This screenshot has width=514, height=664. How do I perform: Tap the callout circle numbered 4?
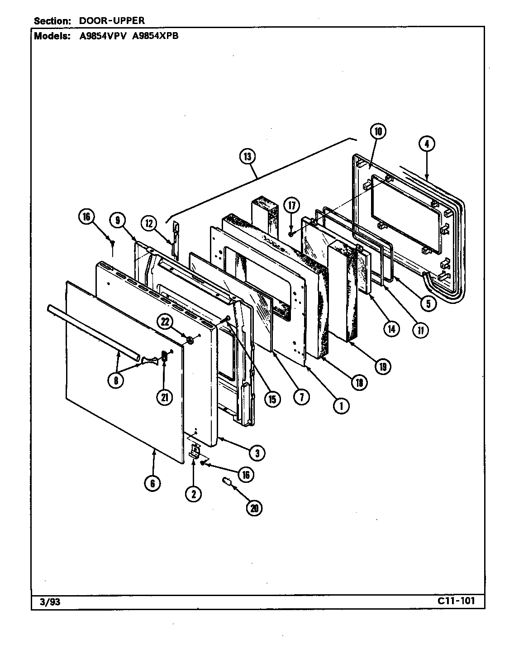427,144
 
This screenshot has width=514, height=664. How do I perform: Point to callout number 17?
292,206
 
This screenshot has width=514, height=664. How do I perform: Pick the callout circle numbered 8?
116,381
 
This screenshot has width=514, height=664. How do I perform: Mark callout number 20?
254,508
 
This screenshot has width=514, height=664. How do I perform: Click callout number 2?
194,495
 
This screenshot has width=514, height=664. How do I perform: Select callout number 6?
152,483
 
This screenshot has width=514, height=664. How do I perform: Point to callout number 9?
118,221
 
